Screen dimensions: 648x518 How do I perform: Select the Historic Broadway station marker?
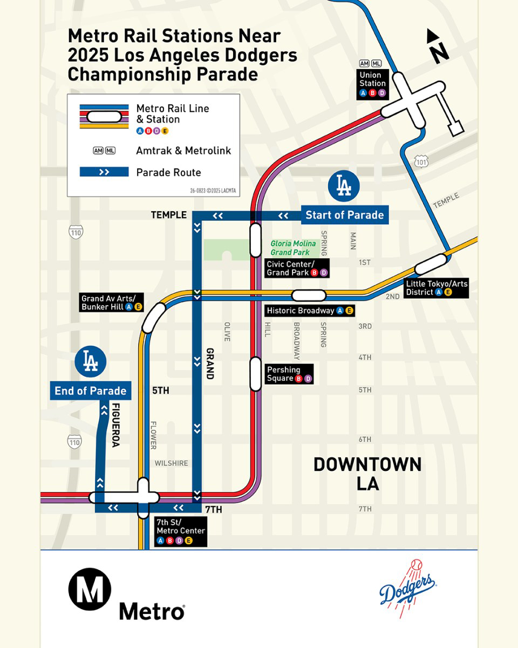click(x=309, y=295)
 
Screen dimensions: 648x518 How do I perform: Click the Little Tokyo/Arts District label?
click(x=437, y=288)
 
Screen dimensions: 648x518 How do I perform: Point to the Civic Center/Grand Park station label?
click(x=297, y=268)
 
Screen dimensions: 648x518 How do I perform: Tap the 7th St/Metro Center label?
click(x=180, y=531)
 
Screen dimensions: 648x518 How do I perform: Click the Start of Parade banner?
click(x=344, y=215)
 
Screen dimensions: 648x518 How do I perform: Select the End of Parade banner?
click(x=90, y=391)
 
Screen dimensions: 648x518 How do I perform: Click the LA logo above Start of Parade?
click(x=344, y=186)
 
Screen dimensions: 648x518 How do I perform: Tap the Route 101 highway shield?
click(x=422, y=161)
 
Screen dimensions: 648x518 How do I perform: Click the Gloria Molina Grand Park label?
click(x=293, y=248)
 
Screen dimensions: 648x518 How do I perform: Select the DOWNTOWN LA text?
click(x=367, y=473)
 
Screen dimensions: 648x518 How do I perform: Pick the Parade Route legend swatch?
click(x=104, y=172)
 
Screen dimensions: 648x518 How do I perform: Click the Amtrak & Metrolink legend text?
click(x=183, y=151)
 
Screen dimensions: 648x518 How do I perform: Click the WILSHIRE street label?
click(x=171, y=463)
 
